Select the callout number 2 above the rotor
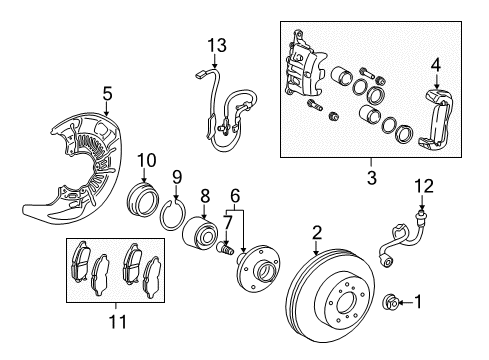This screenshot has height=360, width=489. [316, 233]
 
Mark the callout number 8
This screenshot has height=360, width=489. [204, 197]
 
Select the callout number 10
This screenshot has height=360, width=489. [146, 159]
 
